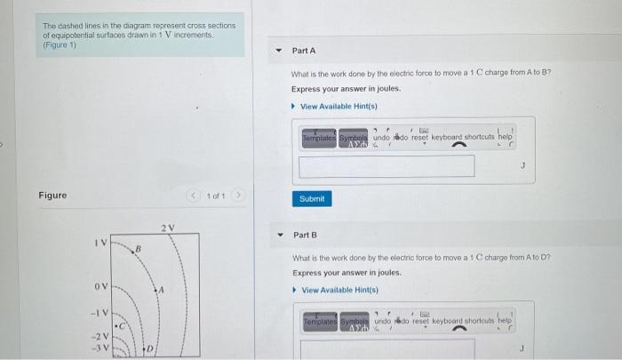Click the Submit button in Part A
click(x=311, y=198)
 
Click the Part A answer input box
click(x=387, y=166)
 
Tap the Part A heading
click(x=303, y=51)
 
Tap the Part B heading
click(x=305, y=235)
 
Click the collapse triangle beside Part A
click(x=278, y=51)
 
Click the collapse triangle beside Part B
click(x=278, y=235)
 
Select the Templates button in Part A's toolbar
click(x=317, y=138)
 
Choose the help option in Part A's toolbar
click(x=505, y=138)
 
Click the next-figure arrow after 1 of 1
click(x=237, y=195)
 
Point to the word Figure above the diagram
click(x=52, y=195)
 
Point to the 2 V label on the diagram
click(x=168, y=228)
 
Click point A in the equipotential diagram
click(x=160, y=289)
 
